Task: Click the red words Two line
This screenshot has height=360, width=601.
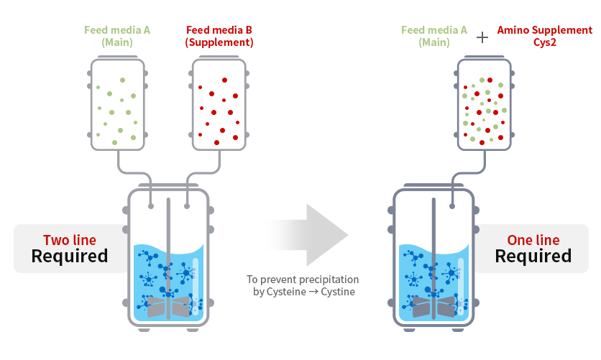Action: (69, 240)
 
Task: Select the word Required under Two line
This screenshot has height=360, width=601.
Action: (69, 257)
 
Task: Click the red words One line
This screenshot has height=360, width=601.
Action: (533, 240)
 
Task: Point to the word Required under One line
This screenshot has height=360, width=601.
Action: (533, 257)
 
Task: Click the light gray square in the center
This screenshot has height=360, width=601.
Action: (306, 234)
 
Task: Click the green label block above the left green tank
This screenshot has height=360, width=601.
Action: (120, 37)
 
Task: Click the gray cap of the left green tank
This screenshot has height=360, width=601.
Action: (116, 65)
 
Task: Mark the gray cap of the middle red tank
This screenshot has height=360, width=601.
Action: (218, 65)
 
